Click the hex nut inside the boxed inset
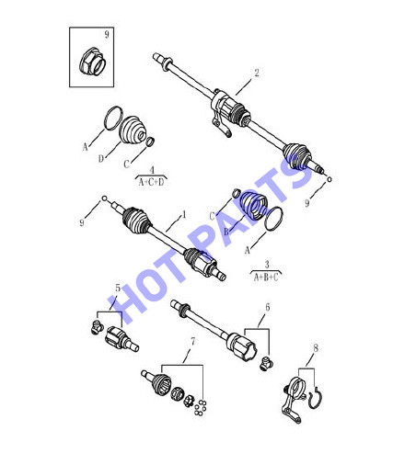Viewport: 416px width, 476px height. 92,62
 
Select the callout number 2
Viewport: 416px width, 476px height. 257,73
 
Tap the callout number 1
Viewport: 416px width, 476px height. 184,214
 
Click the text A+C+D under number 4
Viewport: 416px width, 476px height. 152,182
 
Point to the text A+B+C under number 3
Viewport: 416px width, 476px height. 266,277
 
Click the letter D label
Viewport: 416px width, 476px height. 101,158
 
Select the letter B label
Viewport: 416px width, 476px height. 226,232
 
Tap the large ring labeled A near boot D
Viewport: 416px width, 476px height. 113,118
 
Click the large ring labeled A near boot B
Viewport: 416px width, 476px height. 273,219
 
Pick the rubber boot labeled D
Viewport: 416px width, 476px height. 133,130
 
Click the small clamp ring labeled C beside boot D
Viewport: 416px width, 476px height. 150,142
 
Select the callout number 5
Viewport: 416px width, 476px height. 118,288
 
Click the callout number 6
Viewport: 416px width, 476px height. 268,307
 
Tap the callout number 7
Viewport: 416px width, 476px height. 192,341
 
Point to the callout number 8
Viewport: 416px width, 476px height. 316,348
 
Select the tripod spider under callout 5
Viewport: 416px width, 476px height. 97,327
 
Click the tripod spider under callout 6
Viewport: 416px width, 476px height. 266,364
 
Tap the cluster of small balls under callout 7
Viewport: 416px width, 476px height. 200,408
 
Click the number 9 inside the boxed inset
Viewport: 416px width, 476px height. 107,34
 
